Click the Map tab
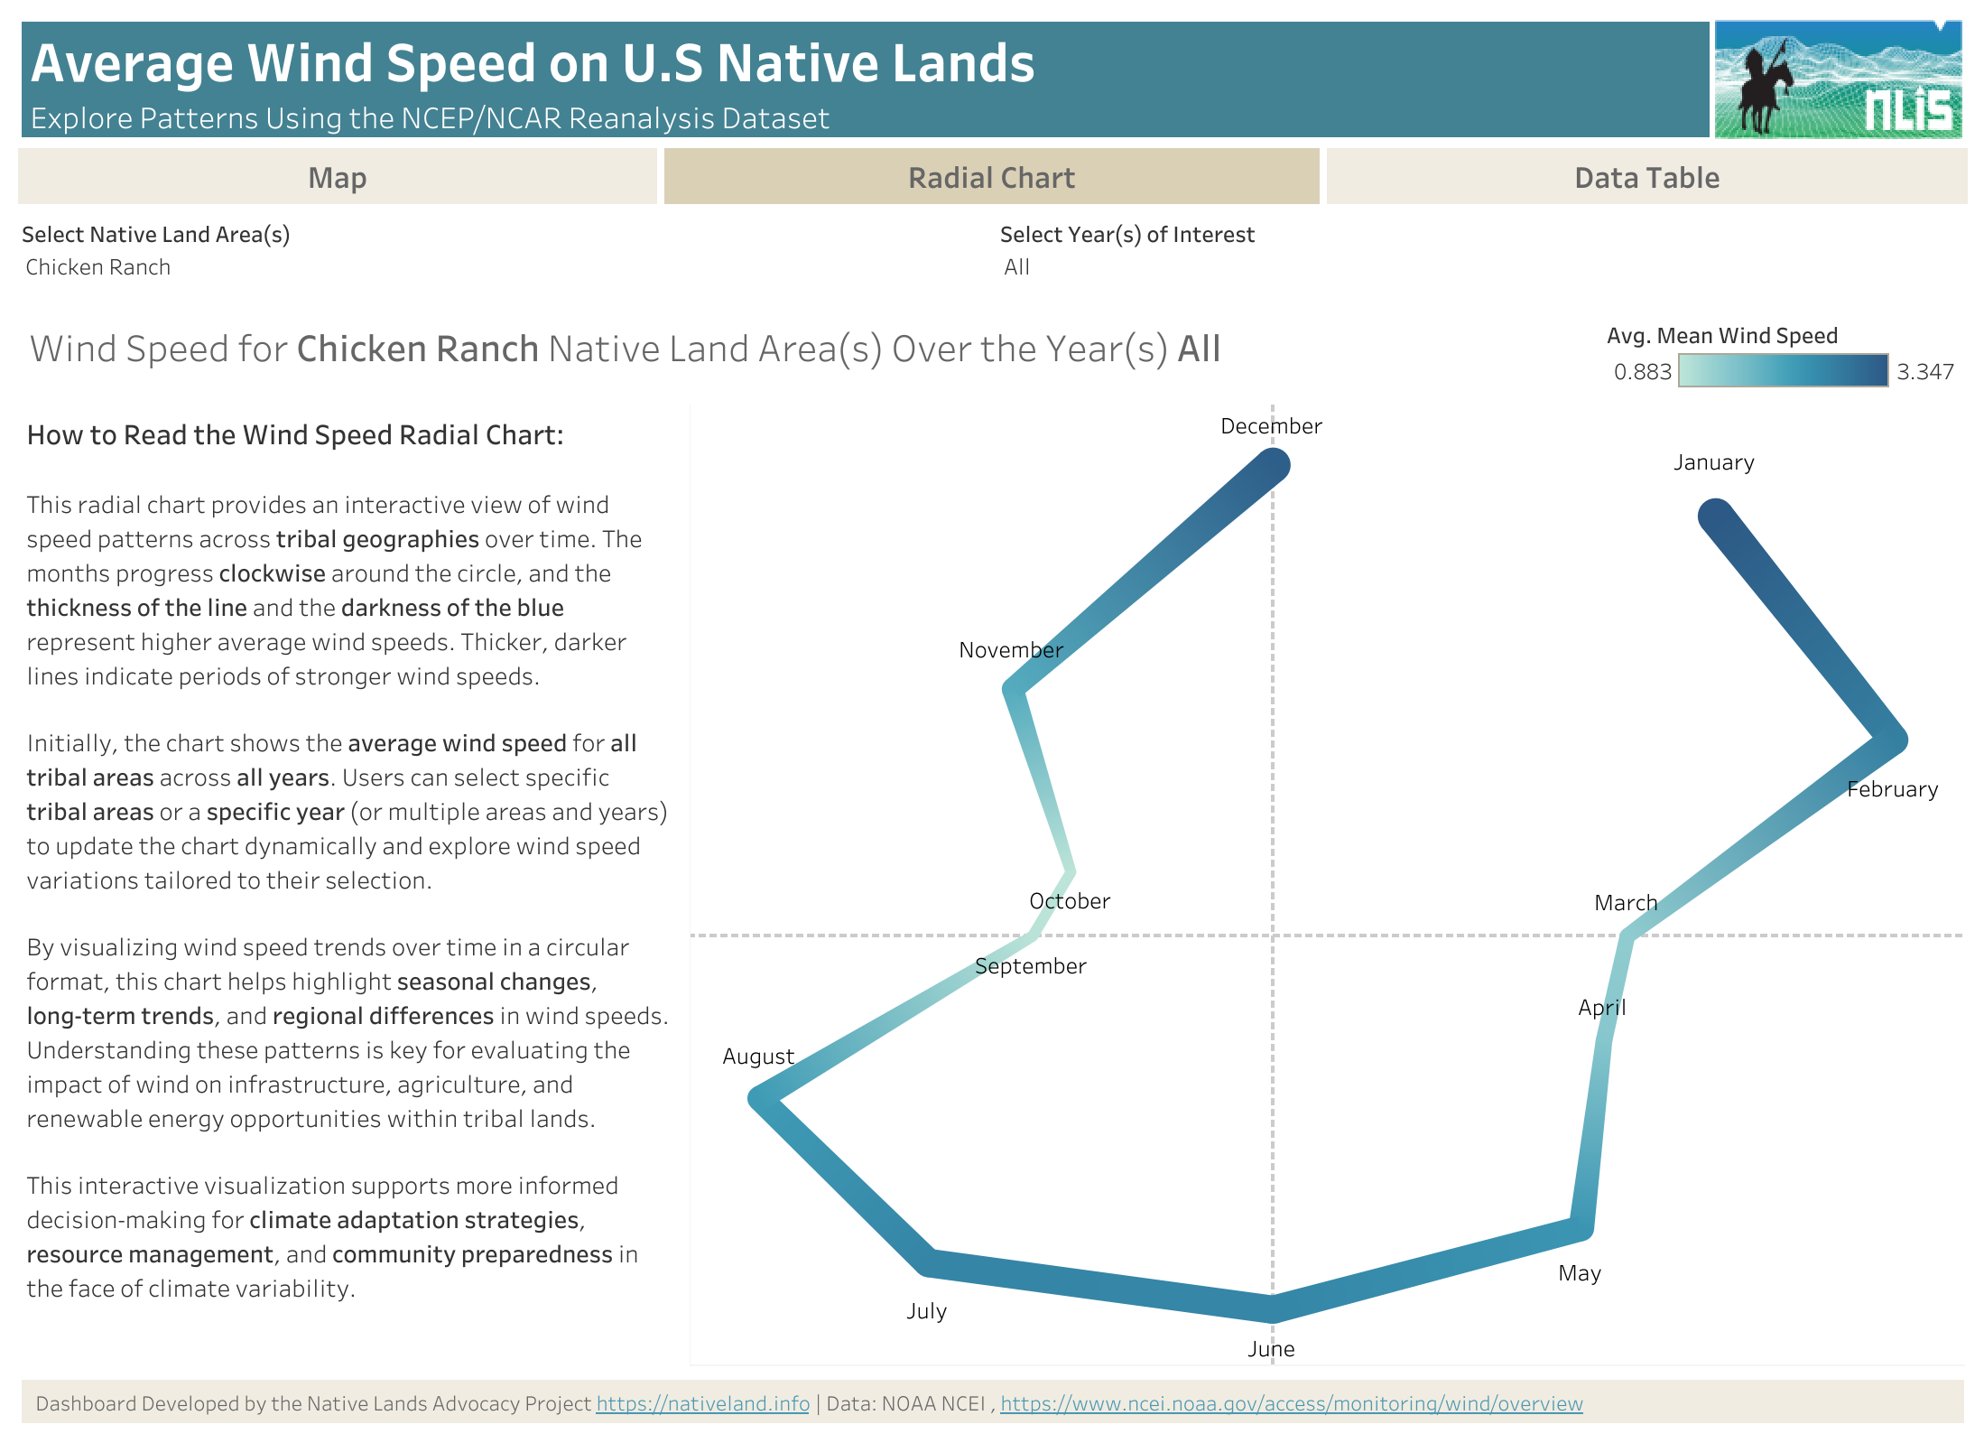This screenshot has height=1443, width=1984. click(337, 178)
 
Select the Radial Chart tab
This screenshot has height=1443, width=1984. click(991, 178)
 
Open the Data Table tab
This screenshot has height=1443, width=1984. click(1646, 178)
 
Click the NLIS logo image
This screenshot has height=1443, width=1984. click(1838, 80)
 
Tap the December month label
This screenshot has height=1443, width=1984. click(1271, 426)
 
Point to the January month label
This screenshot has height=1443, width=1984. click(1714, 462)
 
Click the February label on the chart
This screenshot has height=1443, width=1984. click(1892, 789)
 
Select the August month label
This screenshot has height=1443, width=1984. click(758, 1057)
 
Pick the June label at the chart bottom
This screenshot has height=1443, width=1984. click(1271, 1349)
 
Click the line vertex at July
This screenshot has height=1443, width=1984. click(928, 1261)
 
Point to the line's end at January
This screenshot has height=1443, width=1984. click(1715, 516)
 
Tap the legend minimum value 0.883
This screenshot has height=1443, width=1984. click(1642, 372)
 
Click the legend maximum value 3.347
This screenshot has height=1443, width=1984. click(1924, 372)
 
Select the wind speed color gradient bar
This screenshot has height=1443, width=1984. click(1783, 371)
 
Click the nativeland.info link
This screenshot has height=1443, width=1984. click(702, 1403)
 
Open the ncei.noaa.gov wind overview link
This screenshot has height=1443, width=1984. click(1291, 1403)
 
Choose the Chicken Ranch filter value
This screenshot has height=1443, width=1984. click(97, 267)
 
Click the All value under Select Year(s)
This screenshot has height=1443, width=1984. click(1016, 267)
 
